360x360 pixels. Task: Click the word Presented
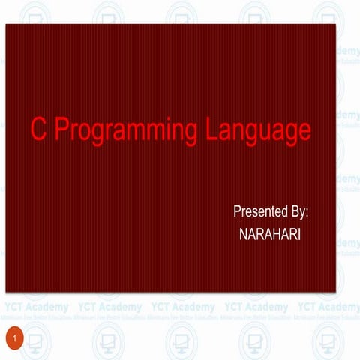[x=260, y=212]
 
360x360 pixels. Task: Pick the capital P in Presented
[x=238, y=212]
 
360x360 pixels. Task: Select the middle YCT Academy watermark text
[x=183, y=307]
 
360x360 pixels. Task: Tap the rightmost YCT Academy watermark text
[x=328, y=307]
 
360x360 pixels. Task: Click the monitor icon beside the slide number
[x=37, y=341]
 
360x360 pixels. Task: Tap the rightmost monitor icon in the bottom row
[x=329, y=341]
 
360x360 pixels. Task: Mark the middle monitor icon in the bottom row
[x=183, y=341]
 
